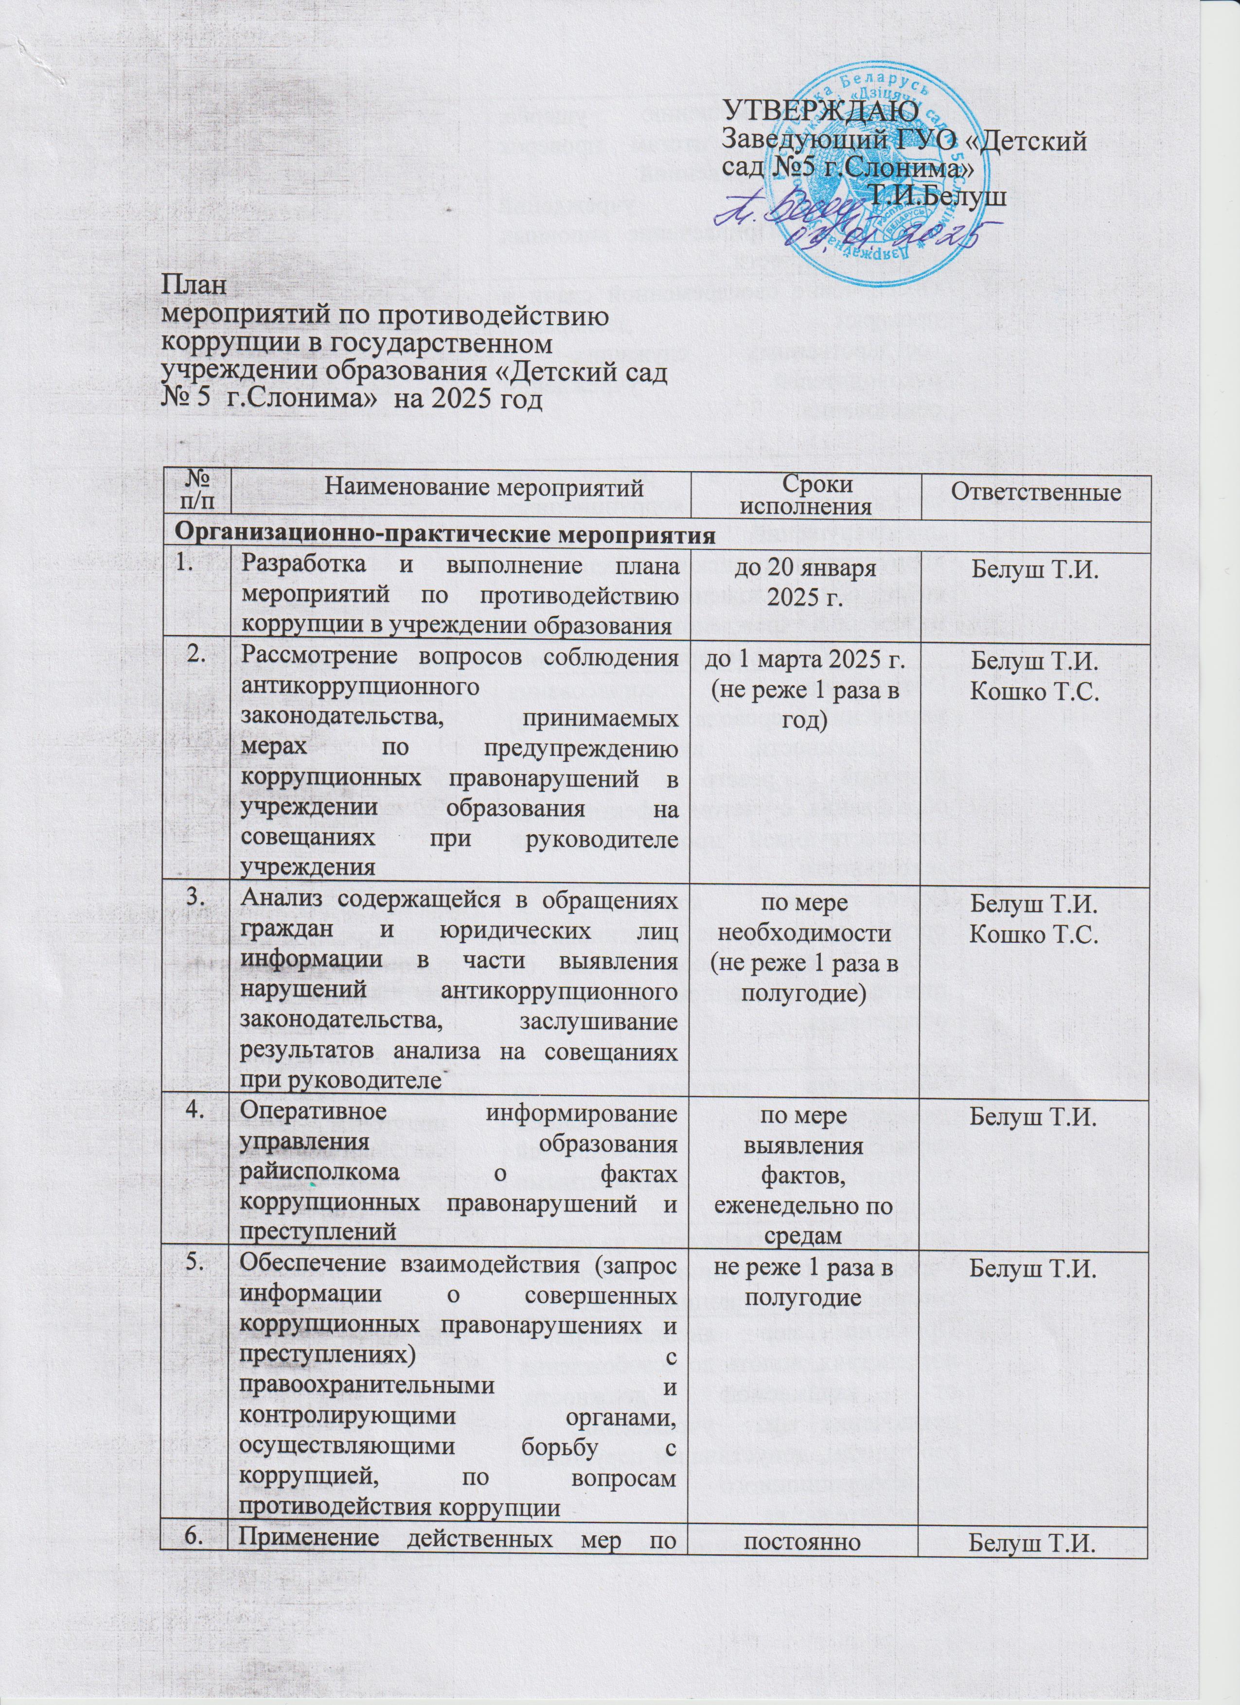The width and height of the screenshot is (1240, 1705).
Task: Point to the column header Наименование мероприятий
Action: (x=460, y=492)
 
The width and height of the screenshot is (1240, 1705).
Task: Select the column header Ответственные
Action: (x=1037, y=492)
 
